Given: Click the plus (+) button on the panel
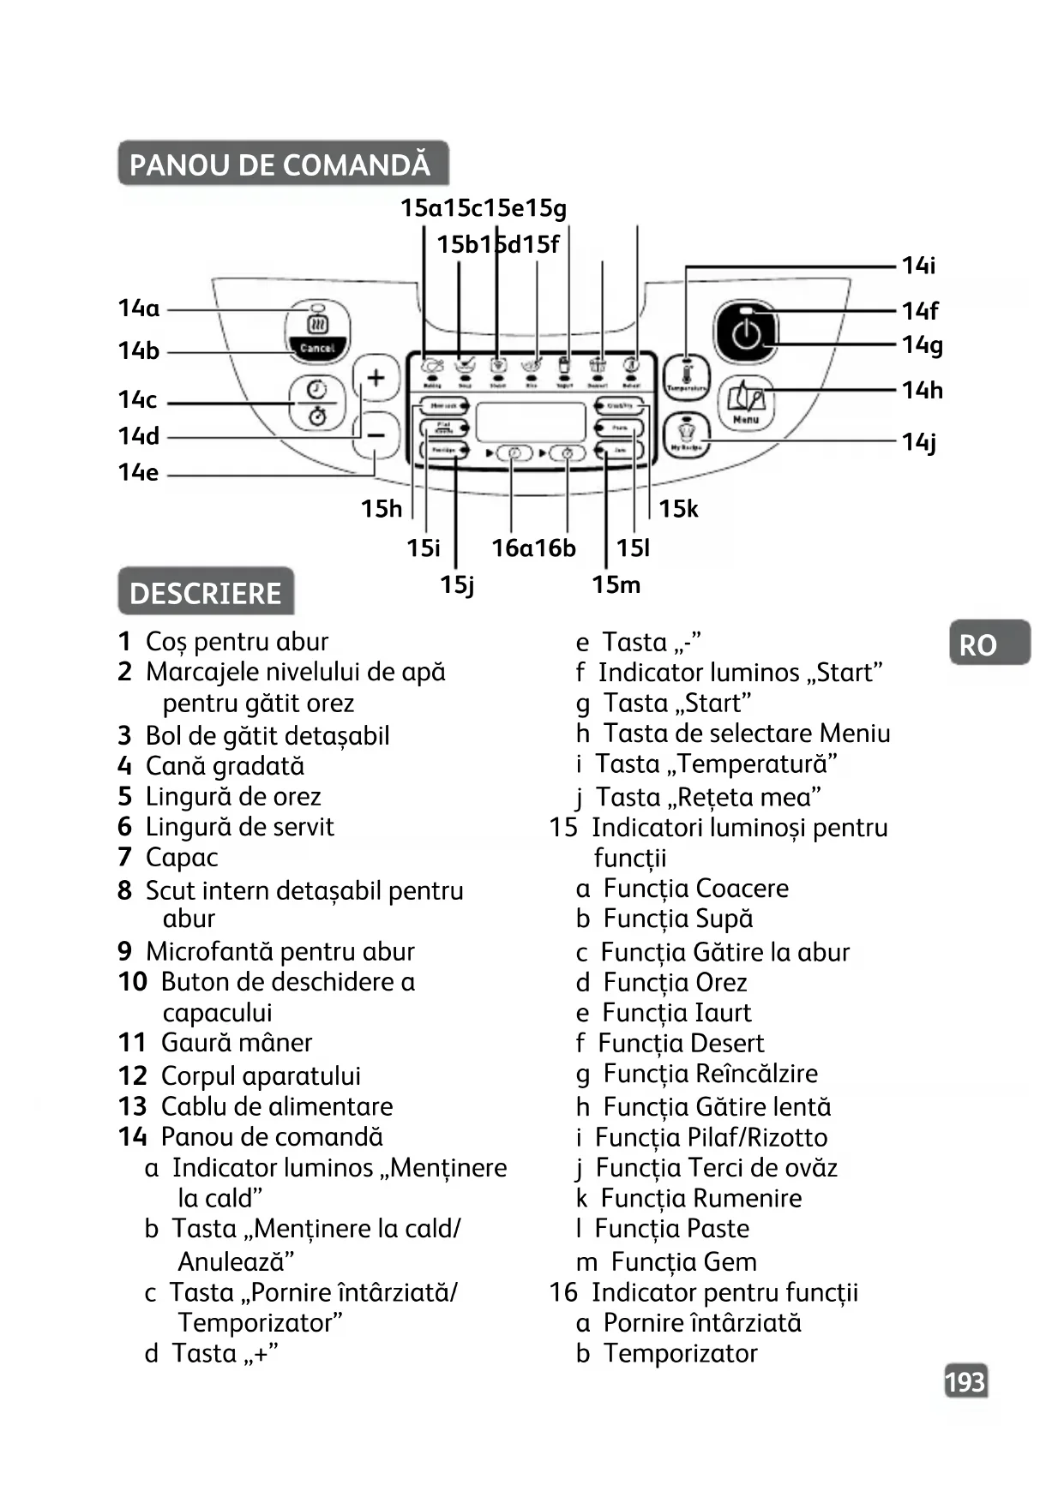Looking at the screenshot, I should click(376, 378).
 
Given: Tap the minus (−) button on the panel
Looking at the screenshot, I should click(376, 435).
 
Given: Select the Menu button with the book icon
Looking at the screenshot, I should click(746, 403).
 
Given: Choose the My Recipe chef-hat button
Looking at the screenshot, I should click(686, 434).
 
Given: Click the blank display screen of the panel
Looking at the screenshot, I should click(531, 422).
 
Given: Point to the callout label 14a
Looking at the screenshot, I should click(139, 308).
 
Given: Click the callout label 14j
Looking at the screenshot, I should click(919, 442).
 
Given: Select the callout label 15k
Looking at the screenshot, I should click(678, 509).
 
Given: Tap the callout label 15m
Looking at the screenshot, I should click(616, 585).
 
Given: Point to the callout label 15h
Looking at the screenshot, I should click(381, 509).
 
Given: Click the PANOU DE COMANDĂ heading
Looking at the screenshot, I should click(280, 165).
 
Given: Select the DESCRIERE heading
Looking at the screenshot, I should click(206, 593).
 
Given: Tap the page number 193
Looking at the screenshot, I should click(965, 1382).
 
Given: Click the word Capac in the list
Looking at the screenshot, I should click(182, 858).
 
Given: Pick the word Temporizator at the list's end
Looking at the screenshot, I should click(680, 1354).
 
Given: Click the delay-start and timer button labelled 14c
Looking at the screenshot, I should click(317, 402).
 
